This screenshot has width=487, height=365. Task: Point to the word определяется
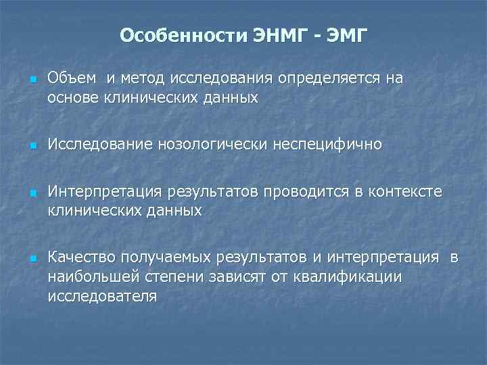[327, 78]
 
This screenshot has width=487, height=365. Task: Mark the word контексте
[404, 192]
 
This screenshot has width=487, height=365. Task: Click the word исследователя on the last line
[102, 295]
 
